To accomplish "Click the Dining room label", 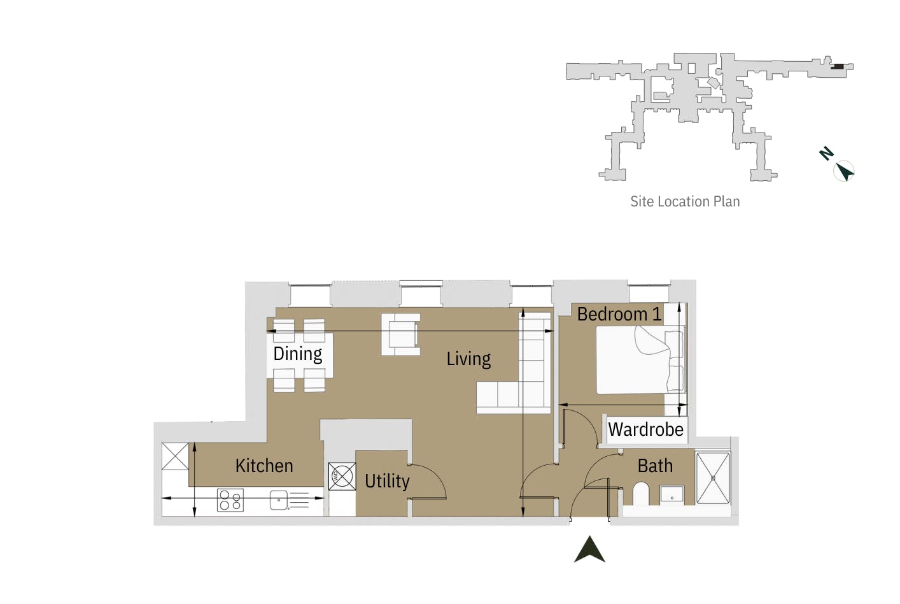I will [297, 354].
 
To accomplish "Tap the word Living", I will [468, 359].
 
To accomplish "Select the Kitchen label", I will [264, 466].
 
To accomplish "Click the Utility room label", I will [387, 481].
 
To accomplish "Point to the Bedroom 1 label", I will [619, 314].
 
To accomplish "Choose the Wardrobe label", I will [645, 429].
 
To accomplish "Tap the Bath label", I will [655, 466].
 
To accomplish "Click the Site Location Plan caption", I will [685, 201].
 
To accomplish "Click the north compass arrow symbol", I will [844, 171].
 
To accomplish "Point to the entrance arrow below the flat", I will [589, 550].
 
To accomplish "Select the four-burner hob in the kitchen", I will [230, 500].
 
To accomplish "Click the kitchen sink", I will [279, 500].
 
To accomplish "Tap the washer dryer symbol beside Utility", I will [342, 476].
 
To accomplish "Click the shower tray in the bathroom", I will [713, 478].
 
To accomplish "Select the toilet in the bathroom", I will [640, 494].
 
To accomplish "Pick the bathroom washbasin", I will [671, 494].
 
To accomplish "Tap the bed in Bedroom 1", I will [636, 361].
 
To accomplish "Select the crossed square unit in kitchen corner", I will [175, 456].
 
